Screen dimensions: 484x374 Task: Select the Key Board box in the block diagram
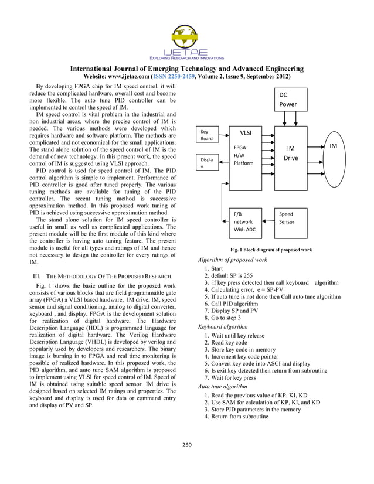208,135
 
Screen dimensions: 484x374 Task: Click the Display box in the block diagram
208,163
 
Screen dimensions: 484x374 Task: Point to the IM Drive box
290,154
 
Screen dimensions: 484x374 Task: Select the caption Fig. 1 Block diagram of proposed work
271,250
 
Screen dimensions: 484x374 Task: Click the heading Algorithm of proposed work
233,260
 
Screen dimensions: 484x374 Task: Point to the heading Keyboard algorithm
223,326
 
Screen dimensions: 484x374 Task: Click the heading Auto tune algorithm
223,387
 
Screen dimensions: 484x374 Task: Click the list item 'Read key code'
229,342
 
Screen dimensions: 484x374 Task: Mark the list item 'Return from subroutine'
240,417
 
